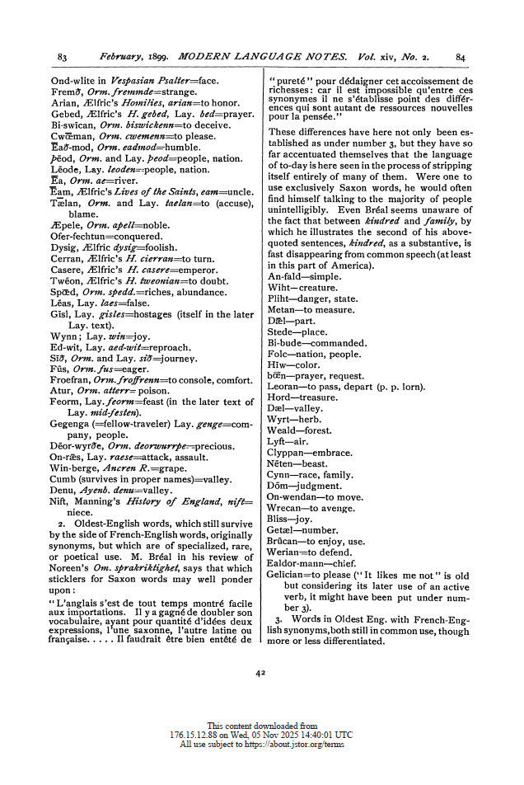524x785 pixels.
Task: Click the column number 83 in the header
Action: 63,57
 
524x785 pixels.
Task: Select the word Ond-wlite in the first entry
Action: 72,81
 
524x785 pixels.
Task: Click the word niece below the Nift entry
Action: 81,511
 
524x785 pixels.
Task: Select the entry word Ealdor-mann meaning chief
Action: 297,562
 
